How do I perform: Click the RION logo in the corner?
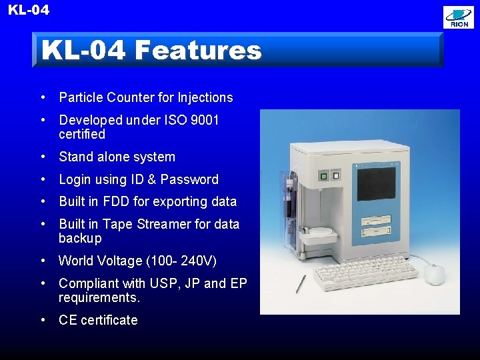tap(459, 17)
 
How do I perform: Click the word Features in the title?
tap(197, 50)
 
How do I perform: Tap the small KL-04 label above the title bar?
tap(28, 10)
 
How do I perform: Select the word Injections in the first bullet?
tap(205, 97)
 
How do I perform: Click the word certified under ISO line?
tap(82, 134)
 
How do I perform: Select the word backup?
tap(80, 238)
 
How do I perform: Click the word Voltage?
tap(115, 261)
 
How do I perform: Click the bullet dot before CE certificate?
tap(43, 319)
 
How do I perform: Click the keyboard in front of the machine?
tap(364, 274)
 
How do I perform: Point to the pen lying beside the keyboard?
tap(301, 283)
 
